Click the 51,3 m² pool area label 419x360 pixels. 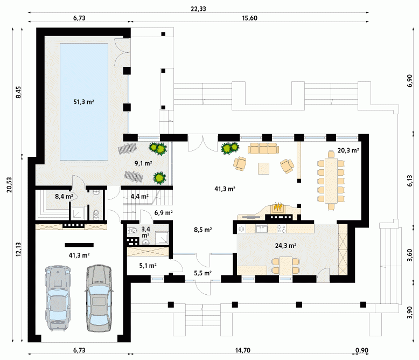click(83, 102)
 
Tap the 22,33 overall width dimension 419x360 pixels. click(198, 9)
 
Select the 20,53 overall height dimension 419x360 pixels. click(10, 184)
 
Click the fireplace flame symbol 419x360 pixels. click(278, 206)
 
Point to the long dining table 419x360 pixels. click(331, 180)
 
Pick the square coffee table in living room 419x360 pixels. click(264, 169)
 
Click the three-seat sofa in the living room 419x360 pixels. click(263, 148)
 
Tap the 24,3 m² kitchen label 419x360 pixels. click(285, 246)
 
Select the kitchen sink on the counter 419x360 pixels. click(261, 229)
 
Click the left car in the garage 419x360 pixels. click(58, 298)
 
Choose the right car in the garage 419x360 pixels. click(99, 298)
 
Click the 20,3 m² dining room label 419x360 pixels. click(348, 150)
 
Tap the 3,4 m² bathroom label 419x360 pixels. click(145, 232)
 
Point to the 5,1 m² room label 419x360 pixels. click(148, 266)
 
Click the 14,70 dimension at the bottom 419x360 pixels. click(243, 350)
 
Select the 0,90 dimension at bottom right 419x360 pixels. click(362, 350)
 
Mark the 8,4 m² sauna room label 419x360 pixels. click(64, 197)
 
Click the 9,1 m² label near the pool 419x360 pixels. click(143, 163)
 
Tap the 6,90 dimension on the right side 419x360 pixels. click(410, 80)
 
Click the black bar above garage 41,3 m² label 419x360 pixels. click(79, 245)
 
